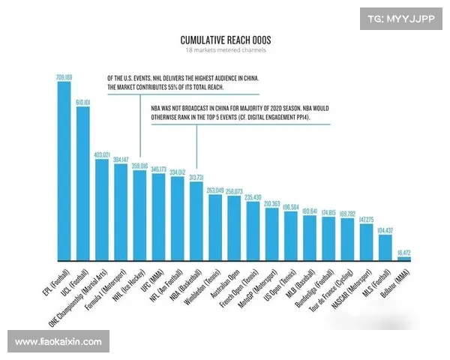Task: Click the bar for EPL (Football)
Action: pyautogui.click(x=64, y=172)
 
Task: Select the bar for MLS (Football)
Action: pyautogui.click(x=385, y=248)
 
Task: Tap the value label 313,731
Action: pyautogui.click(x=196, y=177)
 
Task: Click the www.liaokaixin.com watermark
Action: pyautogui.click(x=58, y=342)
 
